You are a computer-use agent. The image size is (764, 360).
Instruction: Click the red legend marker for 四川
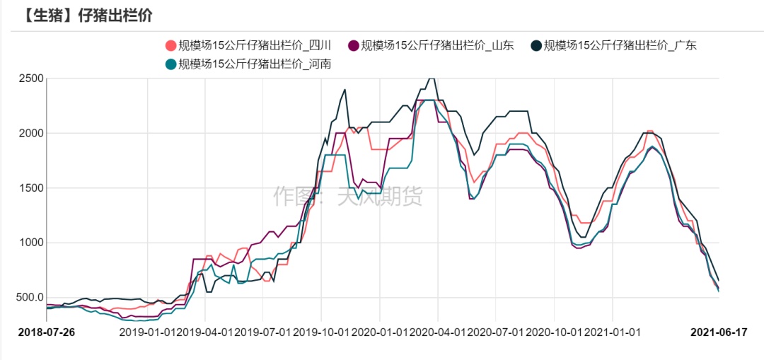tap(170, 45)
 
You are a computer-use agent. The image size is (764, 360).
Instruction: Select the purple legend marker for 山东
tap(353, 45)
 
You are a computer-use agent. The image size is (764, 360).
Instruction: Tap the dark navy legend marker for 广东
tap(536, 45)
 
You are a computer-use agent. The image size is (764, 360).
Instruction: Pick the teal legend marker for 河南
tap(170, 64)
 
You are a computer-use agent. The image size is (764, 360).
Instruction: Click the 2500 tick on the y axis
tap(30, 79)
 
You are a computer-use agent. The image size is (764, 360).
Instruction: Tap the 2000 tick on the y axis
tap(30, 133)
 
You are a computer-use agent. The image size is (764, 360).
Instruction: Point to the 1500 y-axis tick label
tap(30, 188)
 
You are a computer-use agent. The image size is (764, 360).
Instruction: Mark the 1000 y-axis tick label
tap(30, 243)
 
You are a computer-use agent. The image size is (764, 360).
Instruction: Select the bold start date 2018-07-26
tap(47, 331)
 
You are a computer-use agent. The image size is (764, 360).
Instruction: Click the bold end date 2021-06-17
tap(719, 331)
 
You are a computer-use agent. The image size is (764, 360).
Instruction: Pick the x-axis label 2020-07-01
tap(496, 331)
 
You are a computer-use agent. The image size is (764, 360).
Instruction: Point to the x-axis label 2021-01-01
tap(613, 331)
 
